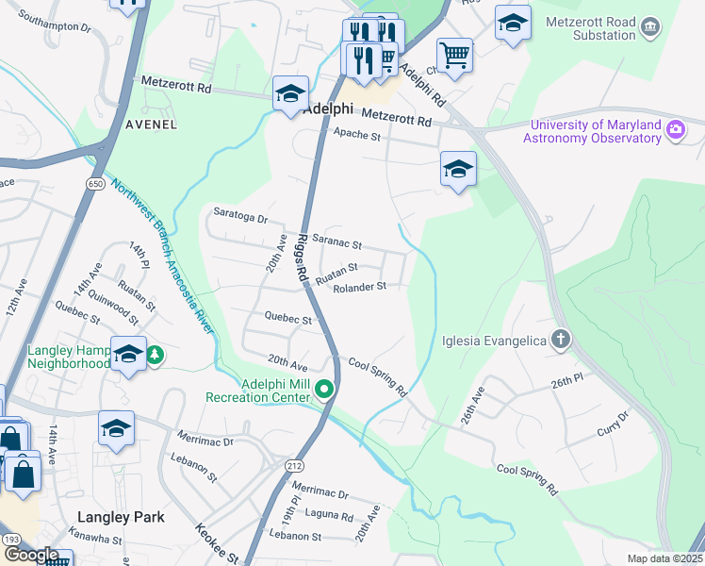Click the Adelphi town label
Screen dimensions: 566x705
click(x=330, y=108)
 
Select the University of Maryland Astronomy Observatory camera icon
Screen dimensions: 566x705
click(x=675, y=130)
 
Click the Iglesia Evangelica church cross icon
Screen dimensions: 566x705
click(x=561, y=340)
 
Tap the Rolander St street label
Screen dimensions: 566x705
click(x=359, y=287)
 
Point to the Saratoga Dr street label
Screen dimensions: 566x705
click(x=241, y=215)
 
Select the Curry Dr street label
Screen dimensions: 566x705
click(x=612, y=422)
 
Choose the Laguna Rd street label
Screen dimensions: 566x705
click(x=328, y=517)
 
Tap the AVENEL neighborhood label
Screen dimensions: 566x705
click(x=151, y=124)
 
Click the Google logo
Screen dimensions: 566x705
click(x=31, y=555)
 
